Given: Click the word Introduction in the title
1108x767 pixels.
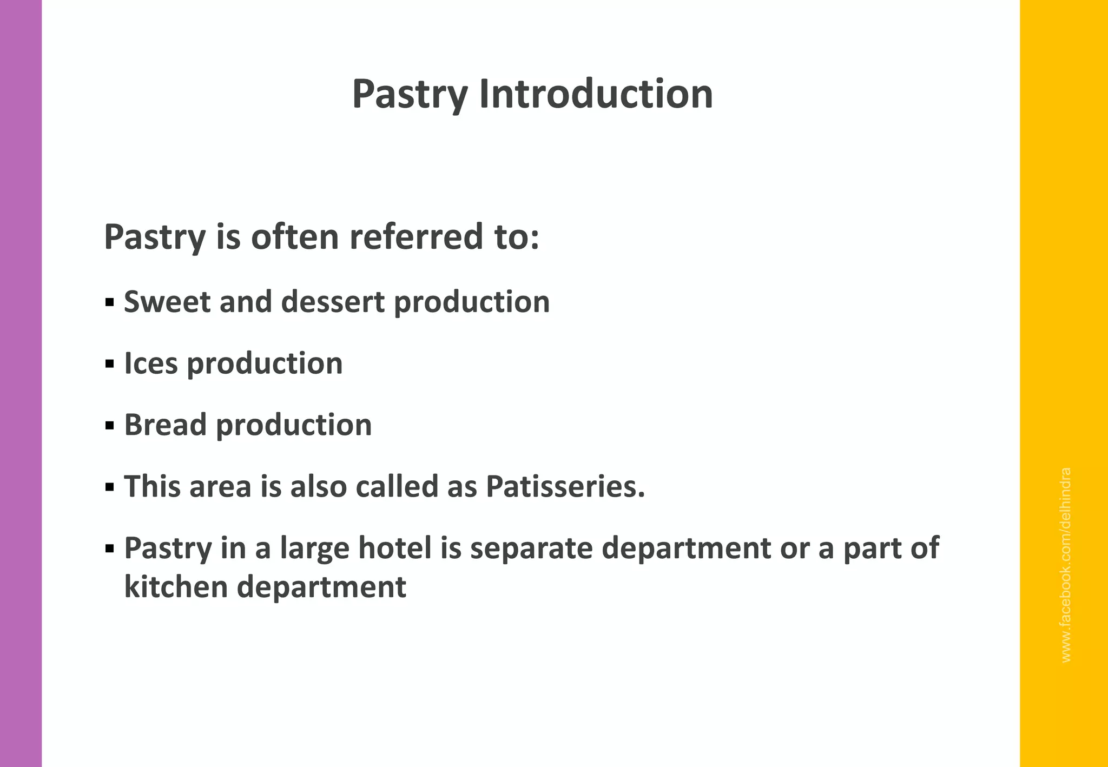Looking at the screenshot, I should point(596,94).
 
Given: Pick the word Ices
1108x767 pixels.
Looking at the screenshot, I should point(151,363).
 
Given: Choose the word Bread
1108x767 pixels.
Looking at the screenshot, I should point(166,425).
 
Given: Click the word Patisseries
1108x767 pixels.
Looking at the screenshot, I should point(565,486).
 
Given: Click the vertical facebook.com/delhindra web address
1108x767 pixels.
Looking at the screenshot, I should point(1066,565).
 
